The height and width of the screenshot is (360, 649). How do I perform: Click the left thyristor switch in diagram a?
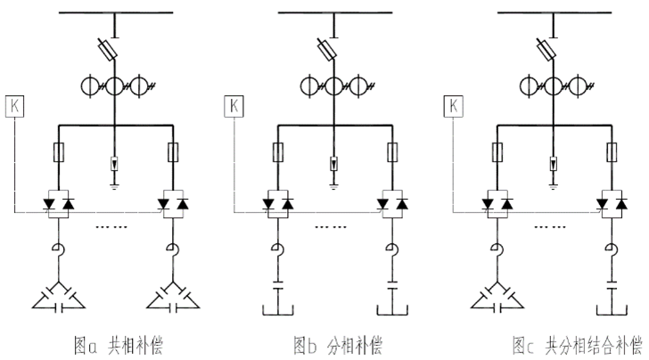57,204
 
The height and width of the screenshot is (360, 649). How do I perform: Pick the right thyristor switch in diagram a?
173,204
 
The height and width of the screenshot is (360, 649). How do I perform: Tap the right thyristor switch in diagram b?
391,204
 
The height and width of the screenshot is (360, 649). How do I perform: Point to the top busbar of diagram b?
333,12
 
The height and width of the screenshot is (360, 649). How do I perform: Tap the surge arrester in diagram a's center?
115,165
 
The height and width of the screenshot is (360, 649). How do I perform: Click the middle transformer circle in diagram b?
333,87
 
